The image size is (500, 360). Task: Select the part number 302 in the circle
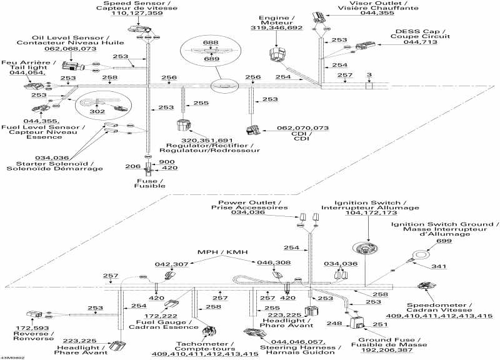click(x=97, y=110)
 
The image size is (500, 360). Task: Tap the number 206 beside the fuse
click(x=132, y=167)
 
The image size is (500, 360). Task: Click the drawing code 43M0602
click(x=12, y=357)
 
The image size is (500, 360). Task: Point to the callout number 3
click(x=369, y=75)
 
